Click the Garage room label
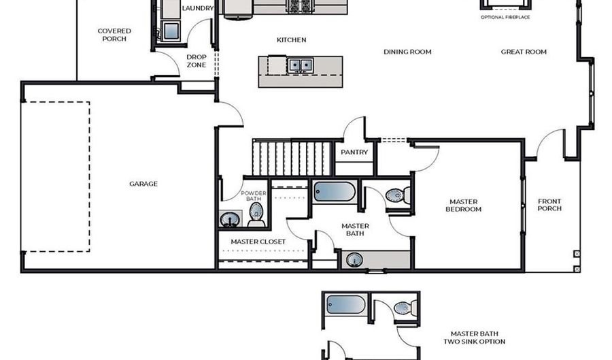[143, 184]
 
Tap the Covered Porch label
[114, 35]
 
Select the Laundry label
[198, 8]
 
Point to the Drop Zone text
[197, 61]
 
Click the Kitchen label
[291, 40]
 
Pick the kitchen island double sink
[300, 65]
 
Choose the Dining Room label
[407, 52]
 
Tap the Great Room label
[524, 52]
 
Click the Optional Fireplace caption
[505, 16]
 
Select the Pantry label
[354, 152]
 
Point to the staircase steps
[292, 158]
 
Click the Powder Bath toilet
[256, 214]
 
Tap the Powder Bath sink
[230, 219]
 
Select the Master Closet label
[258, 242]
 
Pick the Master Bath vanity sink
[354, 259]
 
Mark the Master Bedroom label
[464, 206]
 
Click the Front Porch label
[549, 205]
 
